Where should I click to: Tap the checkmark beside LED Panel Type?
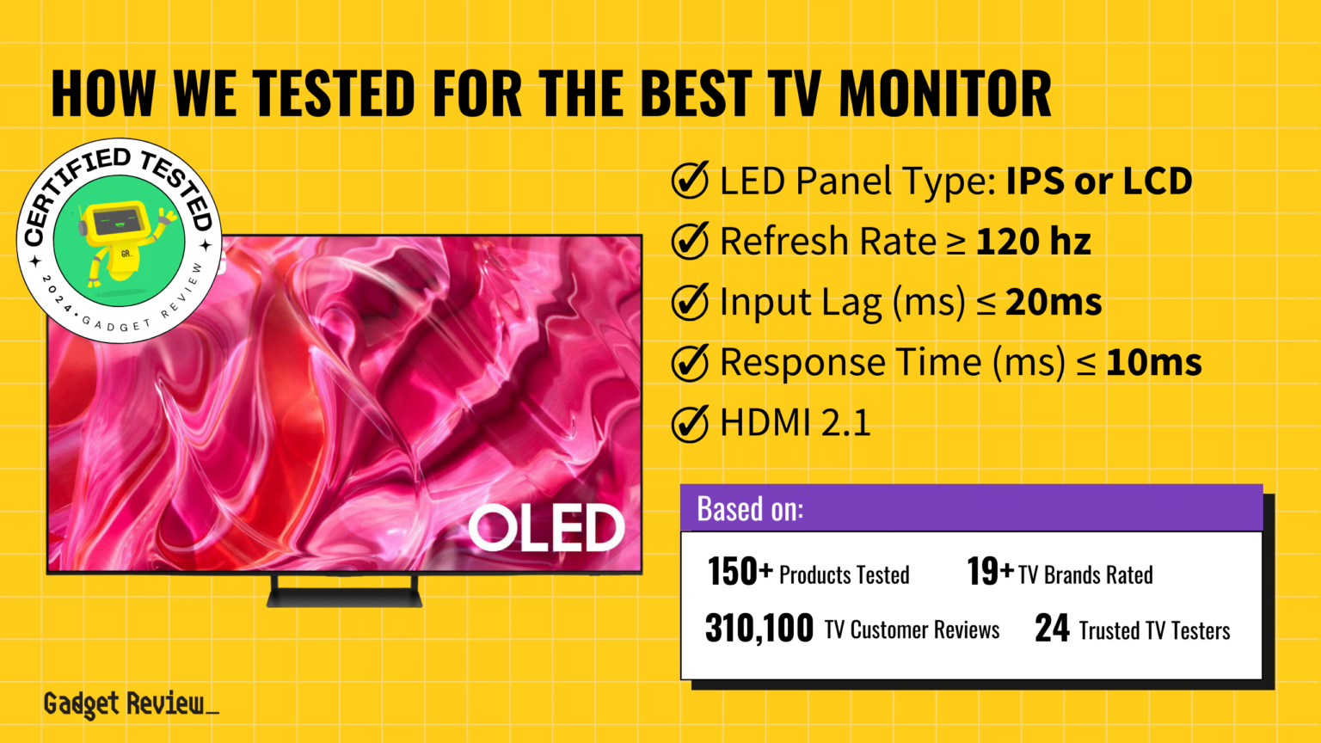690,181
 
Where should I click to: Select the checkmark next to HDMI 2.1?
690,423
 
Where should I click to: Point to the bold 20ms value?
1054,303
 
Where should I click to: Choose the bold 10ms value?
1153,363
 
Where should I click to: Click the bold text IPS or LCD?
1099,181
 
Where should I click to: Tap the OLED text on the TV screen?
546,527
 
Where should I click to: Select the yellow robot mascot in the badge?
120,241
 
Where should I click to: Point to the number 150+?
740,572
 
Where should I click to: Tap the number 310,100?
759,629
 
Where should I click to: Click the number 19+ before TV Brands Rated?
990,572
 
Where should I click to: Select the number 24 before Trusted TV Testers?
1052,629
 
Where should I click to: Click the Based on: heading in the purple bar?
750,509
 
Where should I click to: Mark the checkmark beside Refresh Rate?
690,242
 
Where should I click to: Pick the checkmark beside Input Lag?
690,303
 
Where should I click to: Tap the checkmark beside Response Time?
690,363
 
